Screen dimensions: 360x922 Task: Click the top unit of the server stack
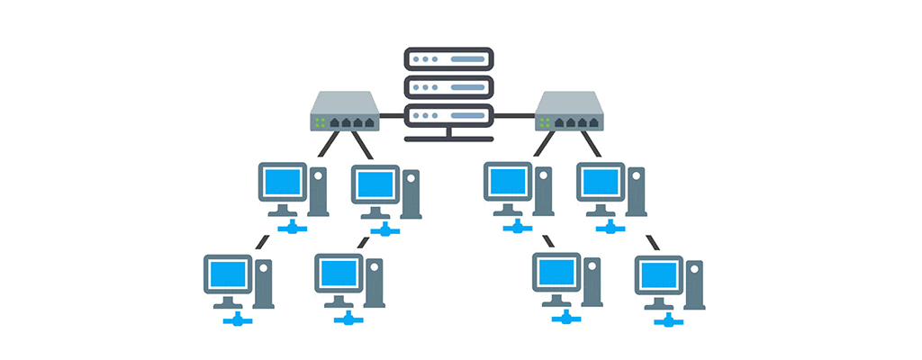click(x=448, y=59)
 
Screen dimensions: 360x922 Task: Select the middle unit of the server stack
click(x=448, y=87)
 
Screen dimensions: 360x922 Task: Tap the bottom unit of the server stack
click(x=448, y=116)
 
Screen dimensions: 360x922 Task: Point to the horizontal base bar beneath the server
click(x=448, y=139)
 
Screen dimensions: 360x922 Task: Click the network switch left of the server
click(x=345, y=112)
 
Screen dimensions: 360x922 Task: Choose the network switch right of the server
click(x=569, y=112)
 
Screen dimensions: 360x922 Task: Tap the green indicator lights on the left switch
click(x=321, y=121)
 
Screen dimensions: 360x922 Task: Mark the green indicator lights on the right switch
click(x=546, y=121)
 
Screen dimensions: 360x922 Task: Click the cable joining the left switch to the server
click(x=391, y=116)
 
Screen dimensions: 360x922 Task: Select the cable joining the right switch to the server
click(x=514, y=116)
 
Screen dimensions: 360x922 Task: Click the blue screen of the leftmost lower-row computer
click(x=227, y=274)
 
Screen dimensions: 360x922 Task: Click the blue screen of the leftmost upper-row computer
click(x=282, y=183)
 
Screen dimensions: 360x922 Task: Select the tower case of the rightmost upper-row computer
click(x=636, y=191)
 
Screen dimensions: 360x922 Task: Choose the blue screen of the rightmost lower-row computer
click(x=657, y=274)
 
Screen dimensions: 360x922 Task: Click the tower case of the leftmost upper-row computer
click(x=318, y=190)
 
